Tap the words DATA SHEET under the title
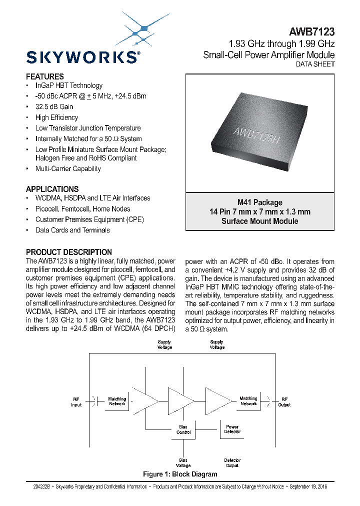point(315,64)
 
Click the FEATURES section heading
point(45,76)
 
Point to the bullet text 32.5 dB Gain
point(54,106)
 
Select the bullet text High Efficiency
point(56,117)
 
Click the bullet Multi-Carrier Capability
point(68,168)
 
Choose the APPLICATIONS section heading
point(52,189)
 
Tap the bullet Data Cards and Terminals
point(72,230)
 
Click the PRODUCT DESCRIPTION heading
point(69,252)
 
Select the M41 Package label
point(259,202)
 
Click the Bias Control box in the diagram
point(183,429)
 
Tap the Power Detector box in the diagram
point(232,429)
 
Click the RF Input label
point(76,402)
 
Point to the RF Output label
point(284,402)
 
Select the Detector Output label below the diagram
point(232,463)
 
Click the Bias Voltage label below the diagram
point(183,463)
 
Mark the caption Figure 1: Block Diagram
point(180,474)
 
